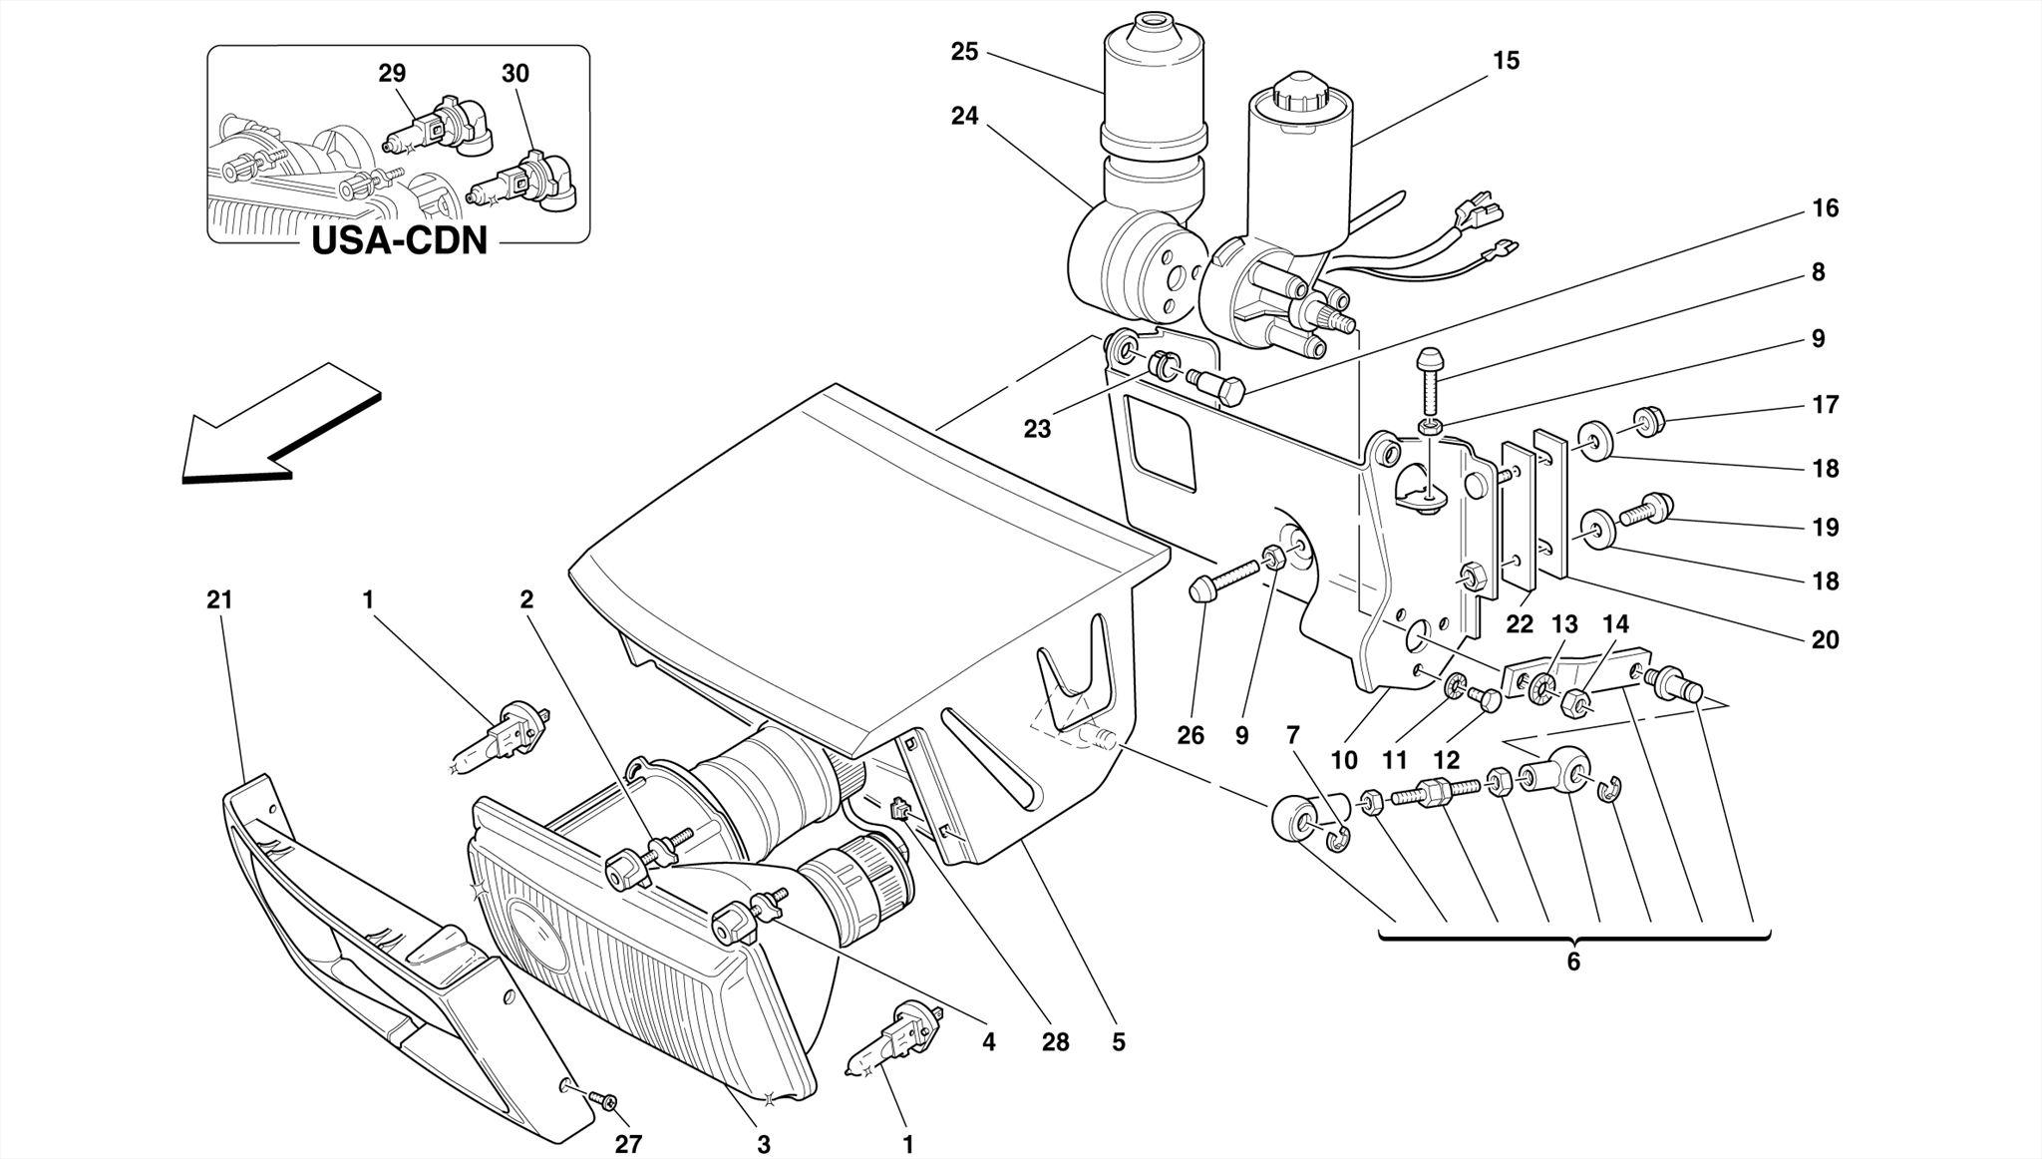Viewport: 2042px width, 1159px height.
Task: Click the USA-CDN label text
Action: pyautogui.click(x=399, y=240)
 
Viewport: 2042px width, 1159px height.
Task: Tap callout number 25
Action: pyautogui.click(x=964, y=52)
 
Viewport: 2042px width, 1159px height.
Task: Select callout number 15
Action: pyautogui.click(x=1506, y=61)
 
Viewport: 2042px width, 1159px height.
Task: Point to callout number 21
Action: pyautogui.click(x=219, y=599)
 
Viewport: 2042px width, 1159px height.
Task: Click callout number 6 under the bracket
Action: pyautogui.click(x=1573, y=962)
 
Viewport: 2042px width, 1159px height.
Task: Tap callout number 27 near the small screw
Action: pyautogui.click(x=628, y=1144)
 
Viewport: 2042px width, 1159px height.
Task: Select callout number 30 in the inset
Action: pyautogui.click(x=515, y=74)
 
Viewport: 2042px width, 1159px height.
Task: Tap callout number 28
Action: pyautogui.click(x=1055, y=1042)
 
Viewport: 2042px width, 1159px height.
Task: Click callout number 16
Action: pyautogui.click(x=1825, y=208)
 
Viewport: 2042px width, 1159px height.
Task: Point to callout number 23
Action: pyautogui.click(x=1037, y=429)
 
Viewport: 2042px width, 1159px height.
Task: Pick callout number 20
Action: pyautogui.click(x=1825, y=639)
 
